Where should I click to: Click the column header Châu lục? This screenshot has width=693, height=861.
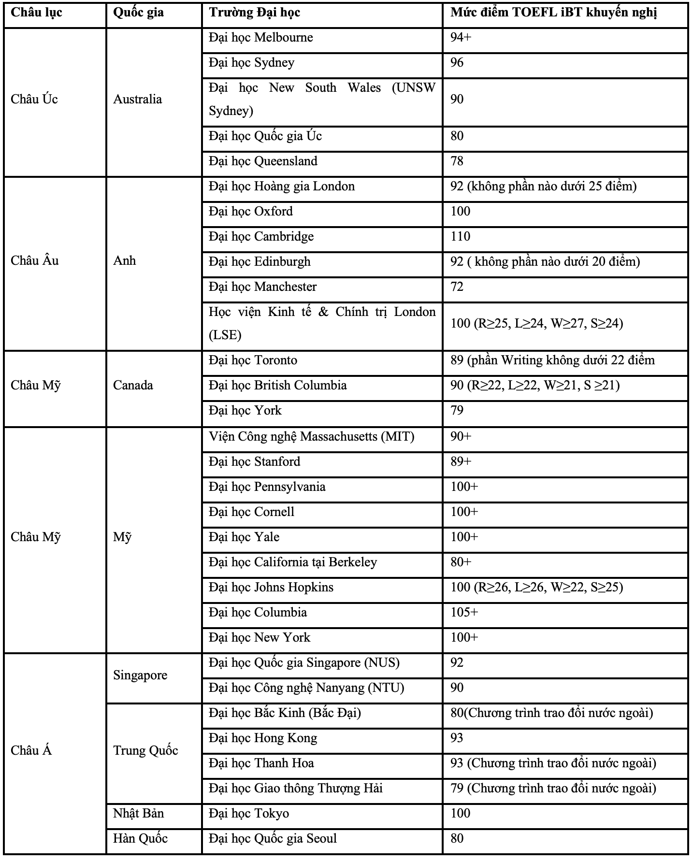pos(36,13)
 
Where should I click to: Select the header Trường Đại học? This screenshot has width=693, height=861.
pos(254,13)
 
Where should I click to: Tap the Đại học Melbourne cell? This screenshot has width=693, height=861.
pos(261,38)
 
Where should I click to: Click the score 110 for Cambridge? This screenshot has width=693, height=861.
pos(460,237)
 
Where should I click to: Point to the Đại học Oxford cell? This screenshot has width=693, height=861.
pos(251,212)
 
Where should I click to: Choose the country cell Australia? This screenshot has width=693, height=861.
pos(138,100)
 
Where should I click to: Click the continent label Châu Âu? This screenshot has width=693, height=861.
pos(35,261)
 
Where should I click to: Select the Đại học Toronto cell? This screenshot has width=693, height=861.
pos(253,360)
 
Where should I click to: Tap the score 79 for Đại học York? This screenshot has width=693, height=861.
pos(457,411)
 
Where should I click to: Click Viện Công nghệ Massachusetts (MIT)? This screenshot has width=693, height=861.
pos(312,437)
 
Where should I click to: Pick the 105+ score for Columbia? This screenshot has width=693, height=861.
pos(464,613)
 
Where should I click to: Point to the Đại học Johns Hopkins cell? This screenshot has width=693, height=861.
pos(271,588)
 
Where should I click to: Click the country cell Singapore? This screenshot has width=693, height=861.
pos(140,675)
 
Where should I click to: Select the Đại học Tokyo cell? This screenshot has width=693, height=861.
pos(249,814)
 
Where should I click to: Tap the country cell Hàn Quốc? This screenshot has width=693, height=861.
pos(140,839)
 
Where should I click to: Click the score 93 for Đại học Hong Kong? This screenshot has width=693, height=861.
pos(457,738)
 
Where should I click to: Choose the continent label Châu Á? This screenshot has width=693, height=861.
pos(31,751)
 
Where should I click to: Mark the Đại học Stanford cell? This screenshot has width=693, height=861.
pos(255,462)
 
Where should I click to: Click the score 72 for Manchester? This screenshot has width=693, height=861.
pos(457,287)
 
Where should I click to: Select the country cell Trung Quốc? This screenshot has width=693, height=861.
pos(145,751)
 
